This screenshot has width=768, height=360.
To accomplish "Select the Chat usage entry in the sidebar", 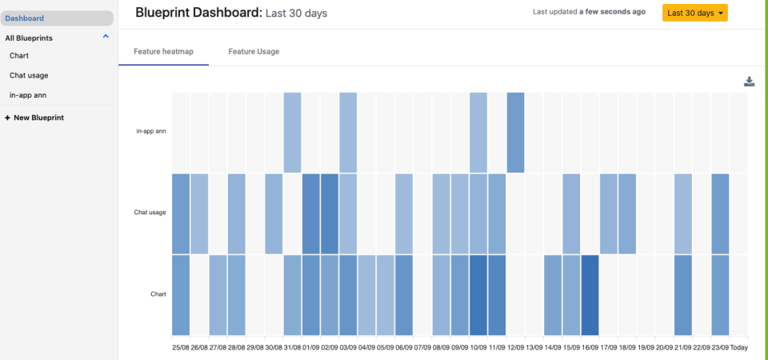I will pyautogui.click(x=29, y=75).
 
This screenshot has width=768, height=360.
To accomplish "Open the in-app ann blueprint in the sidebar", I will pyautogui.click(x=26, y=95).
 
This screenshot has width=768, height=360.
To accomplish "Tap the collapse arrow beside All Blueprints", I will pyautogui.click(x=106, y=38).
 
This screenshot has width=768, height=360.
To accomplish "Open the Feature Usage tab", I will pyautogui.click(x=254, y=51).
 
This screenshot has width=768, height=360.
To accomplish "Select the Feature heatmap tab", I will pyautogui.click(x=163, y=51).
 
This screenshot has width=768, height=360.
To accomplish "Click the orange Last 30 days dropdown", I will pyautogui.click(x=694, y=14).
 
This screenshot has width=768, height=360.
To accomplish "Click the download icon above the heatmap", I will pyautogui.click(x=750, y=81).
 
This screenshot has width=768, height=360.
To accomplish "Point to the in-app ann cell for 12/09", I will pyautogui.click(x=515, y=132).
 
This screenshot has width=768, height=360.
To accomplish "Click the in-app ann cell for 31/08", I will pyautogui.click(x=292, y=132).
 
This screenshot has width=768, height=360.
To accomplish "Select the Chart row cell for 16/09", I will pyautogui.click(x=590, y=294).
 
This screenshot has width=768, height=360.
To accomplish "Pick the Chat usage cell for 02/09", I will pyautogui.click(x=330, y=213).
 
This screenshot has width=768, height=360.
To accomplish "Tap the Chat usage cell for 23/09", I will pyautogui.click(x=720, y=213).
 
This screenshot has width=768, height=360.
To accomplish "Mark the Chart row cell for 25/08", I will pyautogui.click(x=181, y=294).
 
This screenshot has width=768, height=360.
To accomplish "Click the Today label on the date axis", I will pyautogui.click(x=738, y=348).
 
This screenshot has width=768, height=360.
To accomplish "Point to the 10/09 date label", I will pyautogui.click(x=478, y=348).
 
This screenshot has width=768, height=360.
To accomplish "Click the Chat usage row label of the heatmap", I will pyautogui.click(x=150, y=213).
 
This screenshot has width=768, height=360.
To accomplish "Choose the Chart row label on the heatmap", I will pyautogui.click(x=158, y=294).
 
